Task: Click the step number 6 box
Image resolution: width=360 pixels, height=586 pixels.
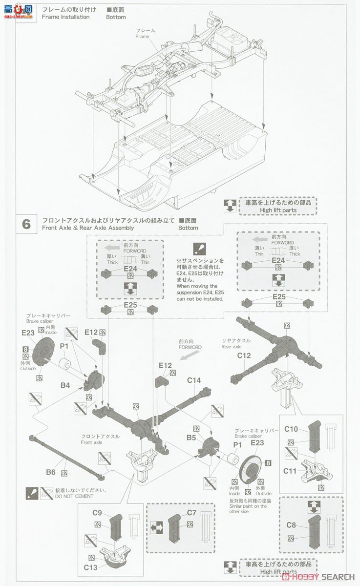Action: (26, 224)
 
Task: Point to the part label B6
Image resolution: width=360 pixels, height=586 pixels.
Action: (50, 472)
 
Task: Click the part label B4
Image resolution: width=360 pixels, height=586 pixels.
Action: (65, 385)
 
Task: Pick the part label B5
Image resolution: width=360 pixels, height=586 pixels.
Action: (191, 438)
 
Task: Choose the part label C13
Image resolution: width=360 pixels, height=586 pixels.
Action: (91, 567)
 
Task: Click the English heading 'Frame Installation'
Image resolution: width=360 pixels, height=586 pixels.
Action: (65, 17)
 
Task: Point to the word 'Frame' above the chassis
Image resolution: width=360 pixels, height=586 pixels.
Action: (142, 37)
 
